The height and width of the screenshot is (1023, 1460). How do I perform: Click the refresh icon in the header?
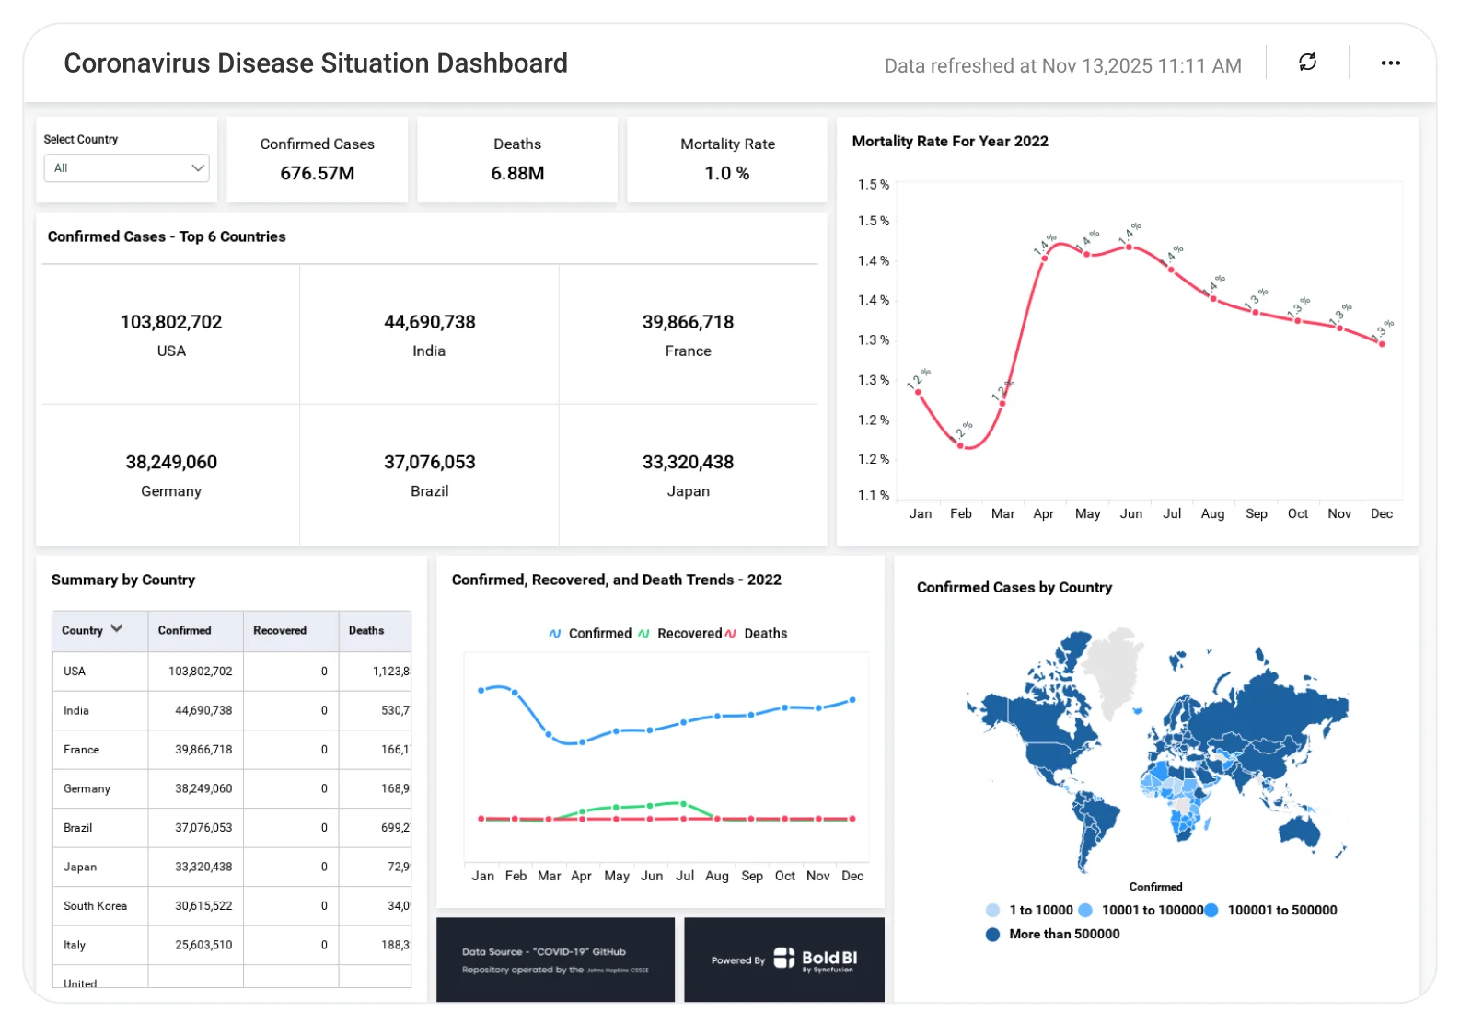[1307, 62]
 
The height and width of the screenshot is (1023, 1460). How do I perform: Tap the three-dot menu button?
[1390, 63]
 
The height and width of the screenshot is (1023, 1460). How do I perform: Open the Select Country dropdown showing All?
[127, 168]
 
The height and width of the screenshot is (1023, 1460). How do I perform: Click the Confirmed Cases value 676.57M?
[318, 173]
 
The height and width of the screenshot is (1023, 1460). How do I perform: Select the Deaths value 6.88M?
[517, 173]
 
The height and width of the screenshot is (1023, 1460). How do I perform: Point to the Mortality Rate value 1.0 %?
[727, 173]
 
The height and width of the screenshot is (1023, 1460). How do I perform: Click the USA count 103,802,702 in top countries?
[171, 322]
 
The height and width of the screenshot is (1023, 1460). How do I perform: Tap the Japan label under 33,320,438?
[689, 491]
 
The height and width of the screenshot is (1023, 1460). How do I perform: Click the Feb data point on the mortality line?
[960, 445]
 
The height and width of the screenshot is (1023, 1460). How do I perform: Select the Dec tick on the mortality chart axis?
[1381, 513]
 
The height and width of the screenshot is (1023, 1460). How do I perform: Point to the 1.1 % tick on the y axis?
[873, 495]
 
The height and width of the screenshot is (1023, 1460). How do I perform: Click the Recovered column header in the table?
[280, 630]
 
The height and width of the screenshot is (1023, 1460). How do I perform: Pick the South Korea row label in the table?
[95, 906]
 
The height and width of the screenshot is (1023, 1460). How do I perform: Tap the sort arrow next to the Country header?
[117, 628]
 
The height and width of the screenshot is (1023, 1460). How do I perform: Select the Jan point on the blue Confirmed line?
[481, 690]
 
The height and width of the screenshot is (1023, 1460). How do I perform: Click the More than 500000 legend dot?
[992, 934]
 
